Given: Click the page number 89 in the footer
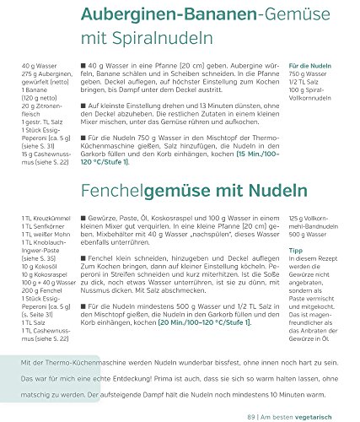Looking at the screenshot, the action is point(252,416).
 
